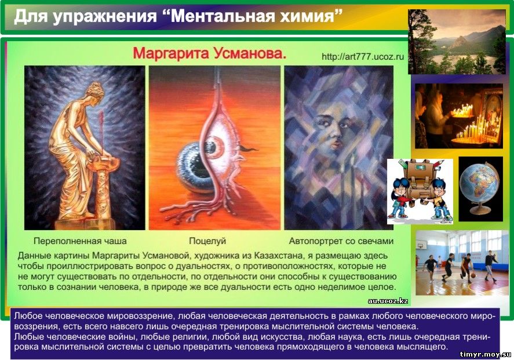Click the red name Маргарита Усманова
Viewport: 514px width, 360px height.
(x=209, y=53)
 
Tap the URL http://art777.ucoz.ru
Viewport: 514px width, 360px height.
(x=363, y=57)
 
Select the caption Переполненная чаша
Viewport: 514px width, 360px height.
(x=80, y=241)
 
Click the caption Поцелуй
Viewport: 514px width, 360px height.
(x=207, y=241)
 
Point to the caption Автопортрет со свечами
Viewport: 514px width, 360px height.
(x=341, y=241)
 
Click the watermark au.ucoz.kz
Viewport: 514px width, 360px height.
(x=388, y=301)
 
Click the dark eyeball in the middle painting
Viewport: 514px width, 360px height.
(x=193, y=166)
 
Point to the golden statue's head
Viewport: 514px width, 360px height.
(x=95, y=90)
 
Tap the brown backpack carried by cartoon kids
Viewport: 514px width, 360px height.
(x=419, y=180)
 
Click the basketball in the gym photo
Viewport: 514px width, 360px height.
(x=473, y=276)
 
